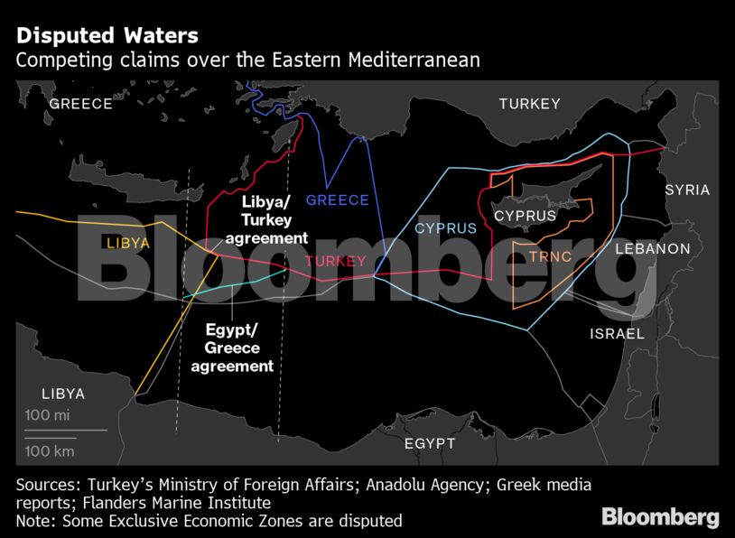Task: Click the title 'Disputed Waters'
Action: pyautogui.click(x=107, y=37)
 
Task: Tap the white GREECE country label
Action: pyautogui.click(x=80, y=104)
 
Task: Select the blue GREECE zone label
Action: pyautogui.click(x=338, y=200)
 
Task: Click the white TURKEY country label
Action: pyautogui.click(x=530, y=104)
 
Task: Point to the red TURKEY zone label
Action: pyautogui.click(x=335, y=262)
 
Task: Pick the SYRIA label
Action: pyautogui.click(x=687, y=190)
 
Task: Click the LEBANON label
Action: pyautogui.click(x=652, y=248)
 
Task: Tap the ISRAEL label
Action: pyautogui.click(x=617, y=334)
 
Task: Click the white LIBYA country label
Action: pyautogui.click(x=62, y=394)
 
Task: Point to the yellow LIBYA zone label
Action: pyautogui.click(x=128, y=244)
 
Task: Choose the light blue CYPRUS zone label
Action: pyautogui.click(x=445, y=228)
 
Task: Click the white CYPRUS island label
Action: pyautogui.click(x=525, y=217)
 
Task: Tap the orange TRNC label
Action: pyautogui.click(x=551, y=256)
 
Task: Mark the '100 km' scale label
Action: pyautogui.click(x=50, y=450)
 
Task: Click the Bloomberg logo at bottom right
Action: pyautogui.click(x=660, y=517)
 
